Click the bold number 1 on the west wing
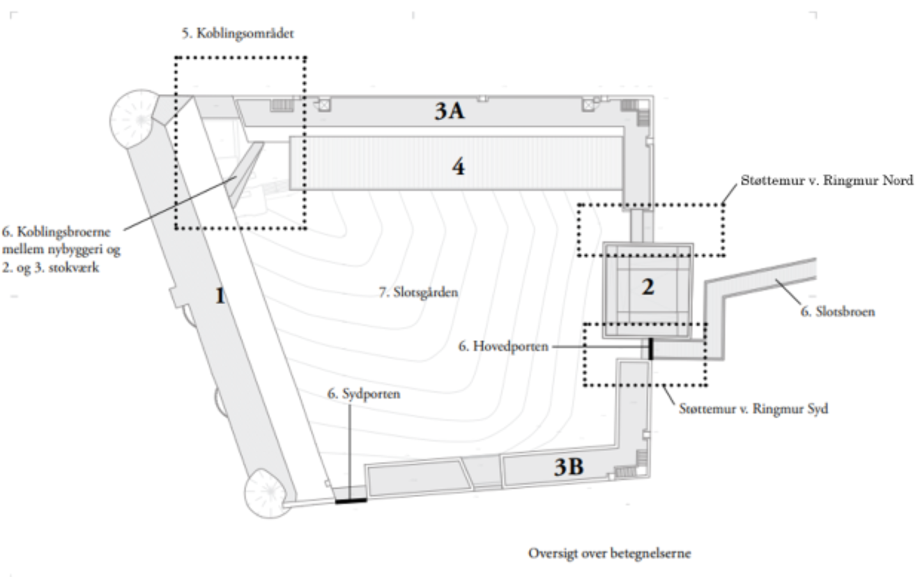tap(220, 295)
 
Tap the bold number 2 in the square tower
tap(648, 286)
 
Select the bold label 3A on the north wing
tap(450, 111)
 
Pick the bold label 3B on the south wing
tap(569, 467)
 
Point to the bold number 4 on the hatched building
tap(459, 167)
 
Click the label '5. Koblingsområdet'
tap(238, 33)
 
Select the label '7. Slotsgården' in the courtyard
tap(418, 293)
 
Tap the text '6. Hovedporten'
tap(503, 346)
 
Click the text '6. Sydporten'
tap(364, 394)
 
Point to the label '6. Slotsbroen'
tap(838, 311)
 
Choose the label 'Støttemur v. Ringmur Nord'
tap(827, 180)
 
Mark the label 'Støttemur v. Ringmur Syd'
tap(753, 409)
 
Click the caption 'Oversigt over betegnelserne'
tap(609, 553)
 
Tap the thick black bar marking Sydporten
tap(351, 500)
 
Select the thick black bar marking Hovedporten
tap(650, 348)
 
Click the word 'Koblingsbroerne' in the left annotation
tap(63, 232)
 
